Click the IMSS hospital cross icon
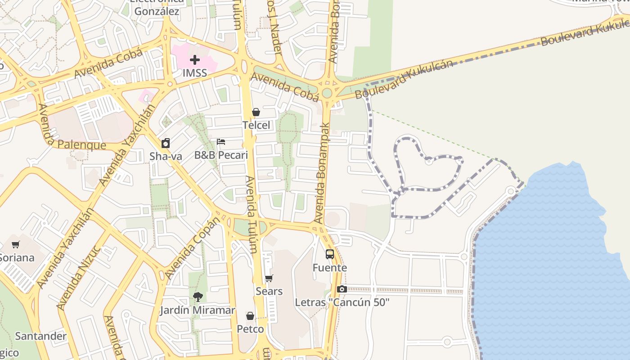[x=195, y=60]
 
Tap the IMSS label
[x=195, y=73]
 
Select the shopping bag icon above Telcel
[x=256, y=112]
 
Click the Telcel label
[x=256, y=125]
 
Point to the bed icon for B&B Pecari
[x=221, y=142]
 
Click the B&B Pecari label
[x=221, y=155]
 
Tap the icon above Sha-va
[x=166, y=143]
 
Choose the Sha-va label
[x=166, y=156]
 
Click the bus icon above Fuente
[x=330, y=254]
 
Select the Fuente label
[x=330, y=268]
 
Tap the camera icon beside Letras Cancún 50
[x=342, y=289]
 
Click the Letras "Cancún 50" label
[x=342, y=302]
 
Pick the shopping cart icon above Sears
[x=269, y=278]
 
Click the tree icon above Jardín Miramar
[x=198, y=297]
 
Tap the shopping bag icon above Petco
[x=250, y=316]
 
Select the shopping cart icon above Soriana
[x=16, y=245]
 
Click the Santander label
[x=40, y=336]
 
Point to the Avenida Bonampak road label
[x=323, y=173]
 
